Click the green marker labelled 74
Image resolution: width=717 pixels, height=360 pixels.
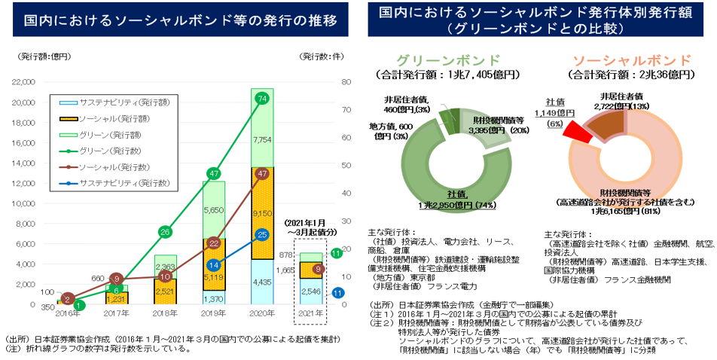click(x=261, y=99)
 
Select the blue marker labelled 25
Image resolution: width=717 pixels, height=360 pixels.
click(x=261, y=236)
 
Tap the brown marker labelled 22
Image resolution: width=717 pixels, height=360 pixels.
click(x=214, y=243)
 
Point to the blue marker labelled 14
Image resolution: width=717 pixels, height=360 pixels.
click(x=214, y=265)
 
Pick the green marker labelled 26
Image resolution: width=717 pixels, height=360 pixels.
click(x=166, y=232)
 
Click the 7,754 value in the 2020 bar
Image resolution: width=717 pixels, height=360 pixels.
click(x=261, y=140)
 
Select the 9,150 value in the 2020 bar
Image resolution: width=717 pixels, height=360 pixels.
click(x=261, y=213)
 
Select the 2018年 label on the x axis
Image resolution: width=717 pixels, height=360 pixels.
click(x=165, y=312)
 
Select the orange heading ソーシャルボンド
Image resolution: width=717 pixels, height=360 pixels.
click(x=631, y=59)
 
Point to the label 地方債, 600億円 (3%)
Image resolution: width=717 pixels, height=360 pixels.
click(x=391, y=130)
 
